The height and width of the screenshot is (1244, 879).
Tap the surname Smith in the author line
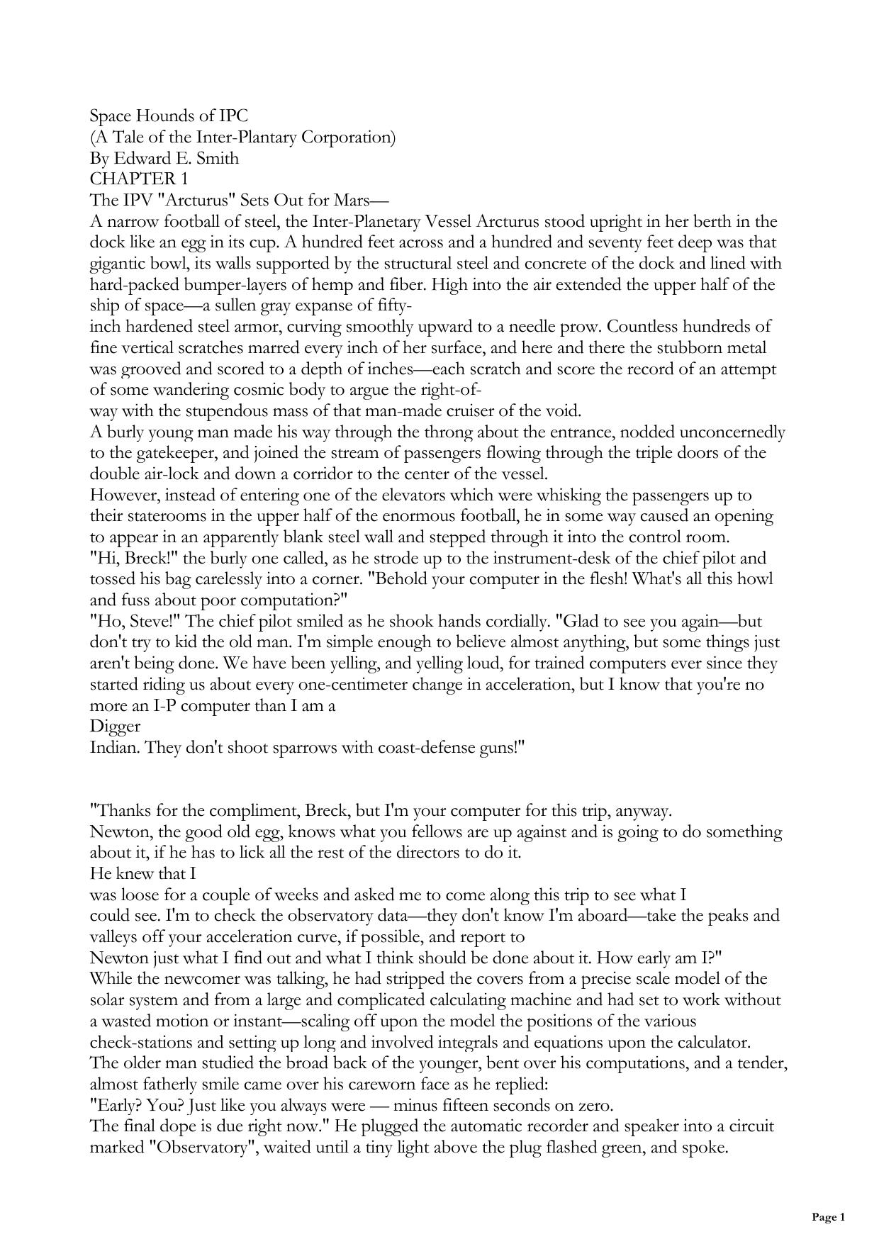[215, 158]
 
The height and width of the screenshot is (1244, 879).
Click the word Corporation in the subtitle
[348, 137]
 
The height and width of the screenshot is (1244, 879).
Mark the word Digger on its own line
[116, 727]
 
